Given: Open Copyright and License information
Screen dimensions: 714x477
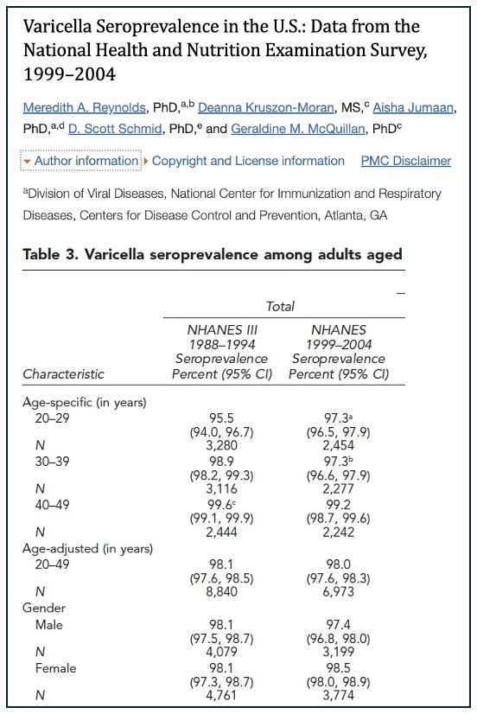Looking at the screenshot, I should (x=248, y=161).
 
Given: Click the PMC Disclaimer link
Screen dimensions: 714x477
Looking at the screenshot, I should (x=406, y=161).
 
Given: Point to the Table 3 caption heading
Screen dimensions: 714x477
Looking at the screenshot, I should (x=212, y=255).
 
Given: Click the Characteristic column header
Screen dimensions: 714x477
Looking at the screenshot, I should (x=63, y=374).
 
